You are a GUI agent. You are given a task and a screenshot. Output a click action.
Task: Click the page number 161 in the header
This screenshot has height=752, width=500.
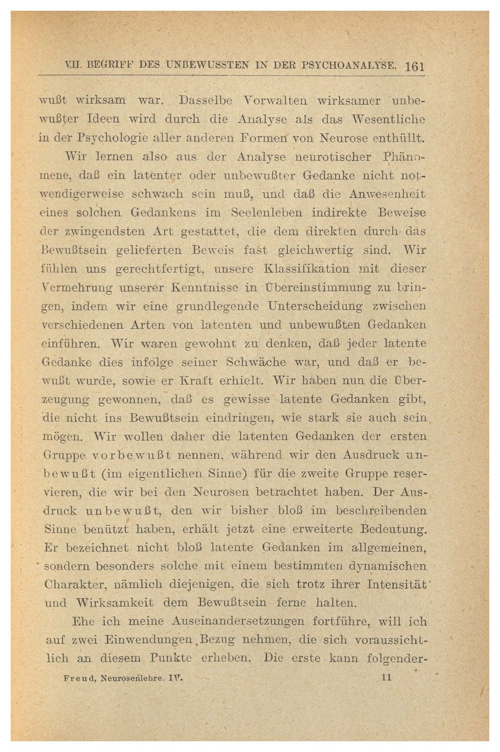pos(414,66)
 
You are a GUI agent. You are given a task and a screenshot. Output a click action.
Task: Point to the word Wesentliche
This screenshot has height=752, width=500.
pos(390,119)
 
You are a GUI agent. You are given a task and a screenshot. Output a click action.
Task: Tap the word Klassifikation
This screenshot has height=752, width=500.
pos(307,269)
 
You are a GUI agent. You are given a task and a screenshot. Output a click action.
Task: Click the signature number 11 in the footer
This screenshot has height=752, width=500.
pos(386,676)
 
